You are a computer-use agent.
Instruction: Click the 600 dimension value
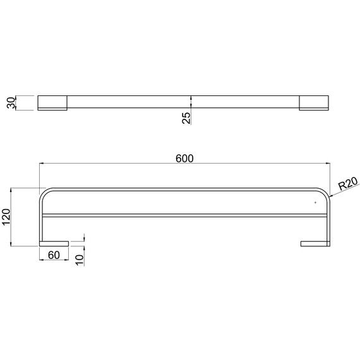184,159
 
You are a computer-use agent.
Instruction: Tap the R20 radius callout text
348,183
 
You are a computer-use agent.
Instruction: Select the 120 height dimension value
6,217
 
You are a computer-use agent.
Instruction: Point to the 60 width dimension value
54,255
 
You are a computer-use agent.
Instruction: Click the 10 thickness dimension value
80,260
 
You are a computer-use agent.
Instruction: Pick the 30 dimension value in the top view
11,102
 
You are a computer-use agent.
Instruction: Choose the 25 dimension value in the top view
186,118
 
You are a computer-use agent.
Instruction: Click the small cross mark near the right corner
315,203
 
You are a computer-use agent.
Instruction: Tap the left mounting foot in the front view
54,244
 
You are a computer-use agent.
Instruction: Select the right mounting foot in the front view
315,244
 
